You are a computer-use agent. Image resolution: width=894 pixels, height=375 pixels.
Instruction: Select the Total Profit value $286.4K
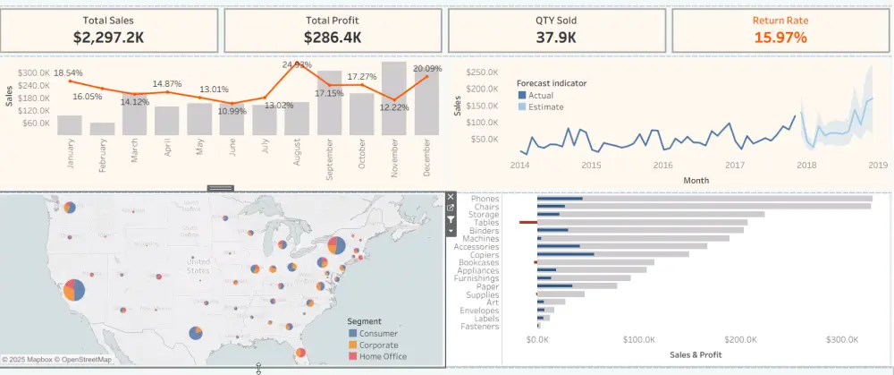(x=333, y=37)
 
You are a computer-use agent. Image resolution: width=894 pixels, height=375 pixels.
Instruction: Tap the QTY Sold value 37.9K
(x=556, y=37)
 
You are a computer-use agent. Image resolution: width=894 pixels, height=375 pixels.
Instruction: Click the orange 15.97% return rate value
(x=780, y=37)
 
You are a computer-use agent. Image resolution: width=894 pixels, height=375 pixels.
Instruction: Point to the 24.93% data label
(x=297, y=64)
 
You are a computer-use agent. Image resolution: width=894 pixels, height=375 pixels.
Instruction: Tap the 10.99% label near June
(x=232, y=111)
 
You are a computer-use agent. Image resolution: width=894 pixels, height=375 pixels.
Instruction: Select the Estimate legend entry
(x=544, y=107)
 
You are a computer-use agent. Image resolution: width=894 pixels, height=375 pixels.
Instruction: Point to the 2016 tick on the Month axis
(x=662, y=165)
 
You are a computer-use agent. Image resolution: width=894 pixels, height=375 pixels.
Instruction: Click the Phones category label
(x=485, y=199)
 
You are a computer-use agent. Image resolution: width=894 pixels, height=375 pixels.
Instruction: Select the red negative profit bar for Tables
(x=527, y=222)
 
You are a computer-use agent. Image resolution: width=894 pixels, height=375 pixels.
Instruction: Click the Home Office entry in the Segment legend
(x=383, y=356)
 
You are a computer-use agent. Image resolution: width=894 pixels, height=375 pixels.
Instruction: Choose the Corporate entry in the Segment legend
(x=378, y=345)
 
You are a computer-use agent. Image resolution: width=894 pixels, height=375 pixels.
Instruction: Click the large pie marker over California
(x=75, y=290)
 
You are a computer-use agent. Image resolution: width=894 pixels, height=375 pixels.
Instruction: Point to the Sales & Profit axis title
(x=696, y=355)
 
